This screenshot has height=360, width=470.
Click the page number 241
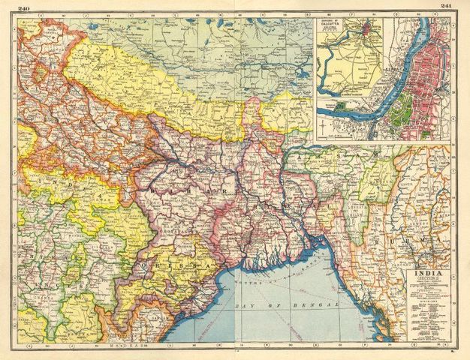coord(446,6)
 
